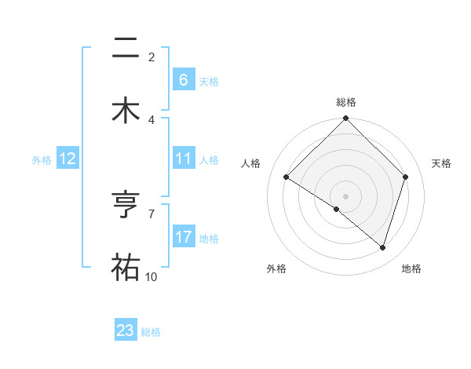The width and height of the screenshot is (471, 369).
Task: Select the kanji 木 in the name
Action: [125, 109]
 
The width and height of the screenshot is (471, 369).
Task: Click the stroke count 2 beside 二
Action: [151, 57]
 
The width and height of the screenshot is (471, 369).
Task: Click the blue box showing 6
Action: [184, 79]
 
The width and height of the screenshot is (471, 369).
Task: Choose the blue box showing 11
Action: [184, 159]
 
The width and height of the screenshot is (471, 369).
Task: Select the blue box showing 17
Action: [184, 237]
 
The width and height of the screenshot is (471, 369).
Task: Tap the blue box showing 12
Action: [68, 159]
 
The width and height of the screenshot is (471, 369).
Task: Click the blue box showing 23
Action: [126, 331]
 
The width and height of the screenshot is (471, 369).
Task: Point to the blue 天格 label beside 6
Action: [209, 81]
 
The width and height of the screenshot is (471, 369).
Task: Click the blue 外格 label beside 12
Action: [42, 159]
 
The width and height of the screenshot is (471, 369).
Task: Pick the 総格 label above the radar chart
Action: [346, 102]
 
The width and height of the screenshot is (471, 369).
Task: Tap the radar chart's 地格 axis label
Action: [411, 269]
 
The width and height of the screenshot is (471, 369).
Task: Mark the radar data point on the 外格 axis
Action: [337, 209]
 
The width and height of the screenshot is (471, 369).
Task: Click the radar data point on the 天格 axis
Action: [406, 177]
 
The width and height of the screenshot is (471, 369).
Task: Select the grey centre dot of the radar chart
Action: [346, 195]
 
